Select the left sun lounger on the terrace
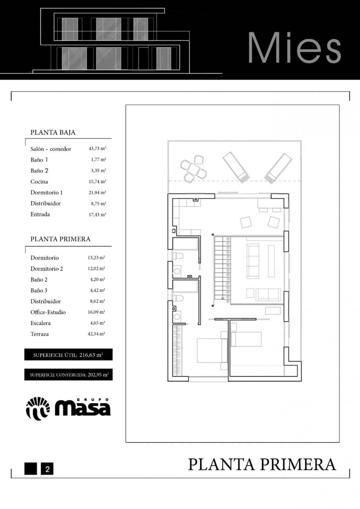(x=236, y=167)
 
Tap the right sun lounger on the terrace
(x=278, y=168)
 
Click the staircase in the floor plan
(x=222, y=270)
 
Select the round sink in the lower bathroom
(x=177, y=316)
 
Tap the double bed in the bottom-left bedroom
(x=212, y=350)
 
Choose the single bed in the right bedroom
(x=246, y=339)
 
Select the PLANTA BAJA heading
(x=53, y=132)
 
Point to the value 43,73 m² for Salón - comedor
(x=97, y=149)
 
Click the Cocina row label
(x=39, y=182)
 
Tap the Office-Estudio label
(x=48, y=312)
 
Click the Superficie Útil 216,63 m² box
(x=68, y=355)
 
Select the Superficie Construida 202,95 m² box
(x=68, y=375)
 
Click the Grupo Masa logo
(x=68, y=408)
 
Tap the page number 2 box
(x=47, y=469)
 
